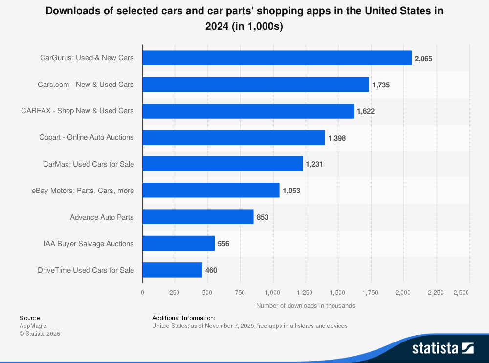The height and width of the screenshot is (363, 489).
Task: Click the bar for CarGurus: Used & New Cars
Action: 277,58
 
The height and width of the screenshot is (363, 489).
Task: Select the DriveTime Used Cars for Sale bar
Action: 172,270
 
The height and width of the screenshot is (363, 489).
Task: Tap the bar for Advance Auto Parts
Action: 198,217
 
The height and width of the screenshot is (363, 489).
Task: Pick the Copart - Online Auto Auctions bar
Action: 233,138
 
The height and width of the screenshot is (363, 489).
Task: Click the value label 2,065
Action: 423,59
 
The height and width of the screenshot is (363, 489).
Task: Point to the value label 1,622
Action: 366,111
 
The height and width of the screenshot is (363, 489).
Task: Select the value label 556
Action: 223,244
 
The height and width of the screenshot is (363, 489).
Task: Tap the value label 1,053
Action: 291,191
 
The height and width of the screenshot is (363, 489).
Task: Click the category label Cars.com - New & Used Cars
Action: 86,85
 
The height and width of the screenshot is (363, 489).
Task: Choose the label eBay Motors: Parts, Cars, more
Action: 83,191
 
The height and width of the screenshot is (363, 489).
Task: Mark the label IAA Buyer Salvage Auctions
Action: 89,244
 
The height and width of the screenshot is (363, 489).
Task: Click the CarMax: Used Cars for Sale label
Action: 89,164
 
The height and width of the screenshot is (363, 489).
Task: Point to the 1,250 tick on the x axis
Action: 305,293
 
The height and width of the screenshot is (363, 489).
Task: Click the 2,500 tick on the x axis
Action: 461,293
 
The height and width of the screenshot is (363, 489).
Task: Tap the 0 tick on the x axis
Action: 142,293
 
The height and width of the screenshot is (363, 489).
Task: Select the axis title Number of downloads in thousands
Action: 305,306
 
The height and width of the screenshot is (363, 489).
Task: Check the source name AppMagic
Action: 33,326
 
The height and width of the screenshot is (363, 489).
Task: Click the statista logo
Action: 443,348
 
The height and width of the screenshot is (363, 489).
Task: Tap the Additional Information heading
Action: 183,318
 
